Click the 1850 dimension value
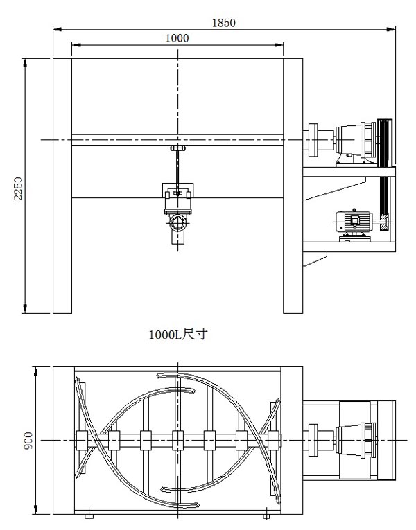(223, 23)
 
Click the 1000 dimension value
(177, 38)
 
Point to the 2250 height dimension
(18, 188)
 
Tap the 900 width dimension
(28, 441)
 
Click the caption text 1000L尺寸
(178, 335)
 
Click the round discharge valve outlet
(178, 223)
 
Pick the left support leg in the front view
(62, 186)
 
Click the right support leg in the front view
(293, 186)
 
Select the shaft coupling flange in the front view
(313, 140)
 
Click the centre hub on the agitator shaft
(178, 441)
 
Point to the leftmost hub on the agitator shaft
(82, 441)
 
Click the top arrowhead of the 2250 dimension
(25, 63)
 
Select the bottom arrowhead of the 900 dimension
(36, 510)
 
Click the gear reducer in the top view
(355, 441)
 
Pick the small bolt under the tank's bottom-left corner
(89, 516)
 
